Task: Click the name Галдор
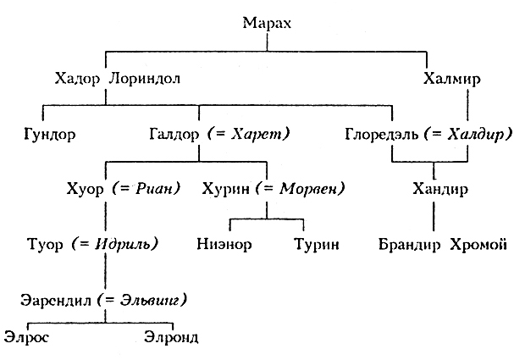pos(174,134)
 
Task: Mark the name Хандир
pos(437,188)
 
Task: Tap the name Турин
pos(315,246)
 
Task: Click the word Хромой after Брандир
pos(478,246)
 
